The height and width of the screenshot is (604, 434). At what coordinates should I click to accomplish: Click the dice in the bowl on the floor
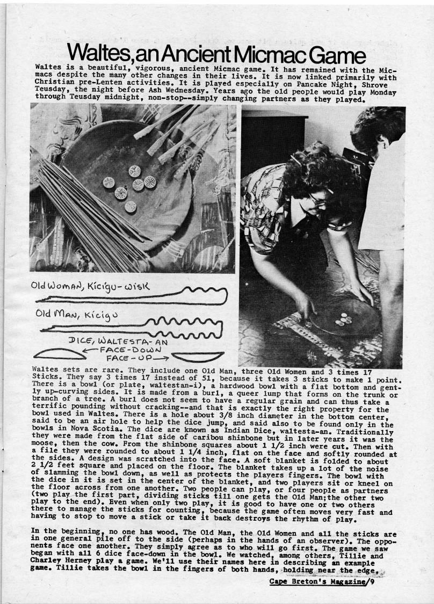342,319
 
